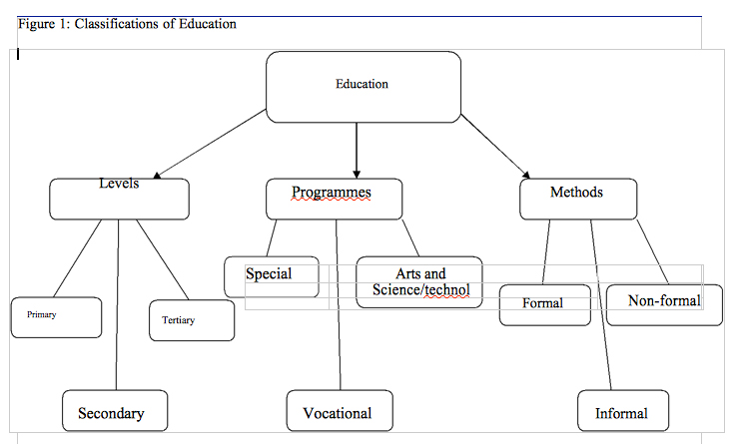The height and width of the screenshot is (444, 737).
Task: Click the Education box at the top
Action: click(364, 87)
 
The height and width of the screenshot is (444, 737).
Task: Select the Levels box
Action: click(120, 199)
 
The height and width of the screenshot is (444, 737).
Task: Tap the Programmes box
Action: click(335, 199)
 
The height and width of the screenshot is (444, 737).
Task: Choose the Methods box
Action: click(578, 199)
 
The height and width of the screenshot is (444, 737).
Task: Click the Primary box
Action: click(56, 317)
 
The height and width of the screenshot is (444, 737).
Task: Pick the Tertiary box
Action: click(192, 320)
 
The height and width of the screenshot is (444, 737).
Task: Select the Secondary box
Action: click(115, 410)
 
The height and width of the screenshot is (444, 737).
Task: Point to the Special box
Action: click(272, 276)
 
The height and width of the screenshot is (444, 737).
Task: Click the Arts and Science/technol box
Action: click(419, 282)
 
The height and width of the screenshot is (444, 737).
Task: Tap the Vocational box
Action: click(340, 410)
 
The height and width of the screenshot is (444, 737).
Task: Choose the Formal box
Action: click(545, 305)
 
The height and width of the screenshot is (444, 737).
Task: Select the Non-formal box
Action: click(665, 305)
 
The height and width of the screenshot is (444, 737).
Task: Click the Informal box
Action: click(623, 410)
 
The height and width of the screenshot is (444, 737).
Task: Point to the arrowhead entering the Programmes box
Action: click(357, 175)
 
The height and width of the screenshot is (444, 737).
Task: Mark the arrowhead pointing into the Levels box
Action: click(157, 176)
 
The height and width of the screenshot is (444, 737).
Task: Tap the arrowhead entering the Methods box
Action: click(526, 175)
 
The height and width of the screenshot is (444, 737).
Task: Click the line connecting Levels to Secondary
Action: click(118, 305)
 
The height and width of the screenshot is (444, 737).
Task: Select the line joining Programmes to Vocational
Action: click(339, 305)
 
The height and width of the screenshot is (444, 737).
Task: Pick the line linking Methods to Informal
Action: click(601, 305)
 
